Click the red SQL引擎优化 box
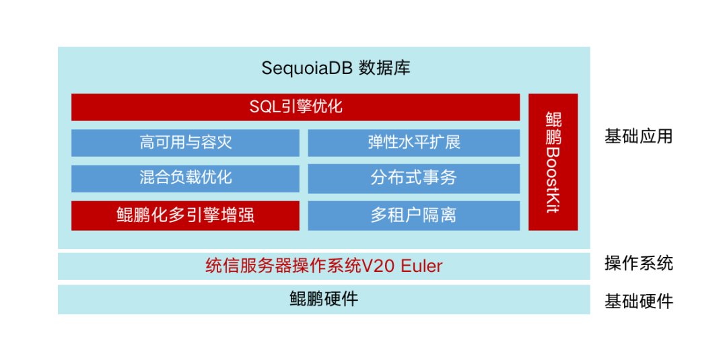point(296,107)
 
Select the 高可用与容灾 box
point(185,143)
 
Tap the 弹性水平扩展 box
point(414,143)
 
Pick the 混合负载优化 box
point(185,178)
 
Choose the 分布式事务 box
point(414,178)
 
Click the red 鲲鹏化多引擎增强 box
point(185,215)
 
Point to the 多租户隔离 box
point(414,215)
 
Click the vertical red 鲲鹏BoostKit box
point(553,162)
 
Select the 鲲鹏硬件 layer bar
point(324,299)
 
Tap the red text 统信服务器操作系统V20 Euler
point(324,266)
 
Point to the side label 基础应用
point(638,137)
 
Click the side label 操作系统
point(638,263)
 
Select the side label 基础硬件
point(638,301)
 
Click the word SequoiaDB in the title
point(306,68)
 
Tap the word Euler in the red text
point(422,266)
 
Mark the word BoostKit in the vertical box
point(553,180)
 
